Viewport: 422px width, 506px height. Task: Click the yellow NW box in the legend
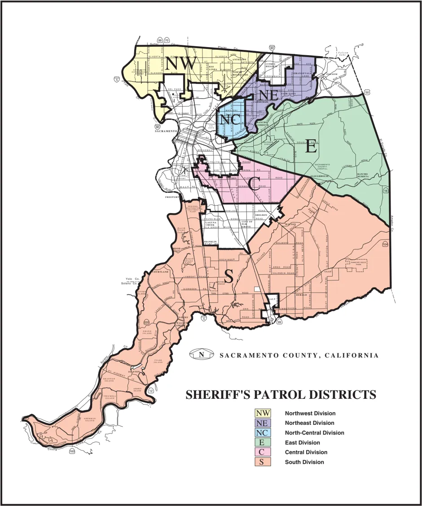(263, 413)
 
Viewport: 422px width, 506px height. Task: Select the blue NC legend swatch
(263, 433)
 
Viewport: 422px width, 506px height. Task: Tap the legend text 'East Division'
(303, 443)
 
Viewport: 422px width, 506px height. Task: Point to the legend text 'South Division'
(304, 462)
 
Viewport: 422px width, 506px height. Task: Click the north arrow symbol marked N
(201, 355)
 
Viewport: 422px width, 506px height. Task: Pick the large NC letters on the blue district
(230, 119)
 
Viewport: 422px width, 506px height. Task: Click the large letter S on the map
(229, 278)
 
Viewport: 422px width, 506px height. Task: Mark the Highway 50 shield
(367, 92)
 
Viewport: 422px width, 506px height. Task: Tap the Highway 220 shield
(146, 322)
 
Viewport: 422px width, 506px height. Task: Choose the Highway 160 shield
(72, 452)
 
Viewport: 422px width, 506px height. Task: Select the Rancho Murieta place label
(363, 175)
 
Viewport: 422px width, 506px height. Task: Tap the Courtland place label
(160, 272)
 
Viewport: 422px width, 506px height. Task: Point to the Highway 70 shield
(167, 40)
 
